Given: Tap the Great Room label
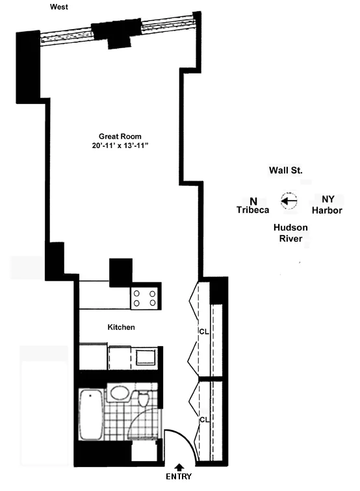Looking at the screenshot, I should (121, 136).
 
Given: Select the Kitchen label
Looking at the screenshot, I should (121, 327).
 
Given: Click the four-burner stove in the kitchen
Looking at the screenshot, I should (146, 298).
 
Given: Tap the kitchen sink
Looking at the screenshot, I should (144, 357).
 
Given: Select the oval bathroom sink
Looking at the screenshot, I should (118, 394).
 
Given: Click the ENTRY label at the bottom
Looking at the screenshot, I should (179, 477).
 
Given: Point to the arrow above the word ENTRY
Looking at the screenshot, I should (179, 466).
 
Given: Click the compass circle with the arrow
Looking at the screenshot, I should (289, 201).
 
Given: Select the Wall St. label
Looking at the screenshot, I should (287, 170).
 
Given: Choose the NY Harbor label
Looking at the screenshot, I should (327, 205).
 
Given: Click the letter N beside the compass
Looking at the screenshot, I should (253, 200).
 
